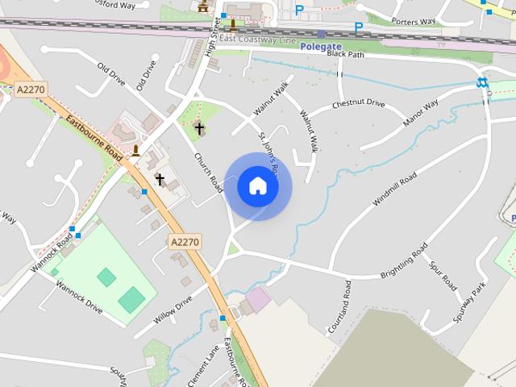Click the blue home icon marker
click(x=258, y=185)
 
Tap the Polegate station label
click(x=321, y=47)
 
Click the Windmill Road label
click(x=394, y=189)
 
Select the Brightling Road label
click(x=408, y=267)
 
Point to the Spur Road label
click(x=443, y=275)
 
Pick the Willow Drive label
click(x=173, y=310)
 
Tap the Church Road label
click(x=208, y=172)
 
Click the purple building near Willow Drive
click(x=258, y=300)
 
